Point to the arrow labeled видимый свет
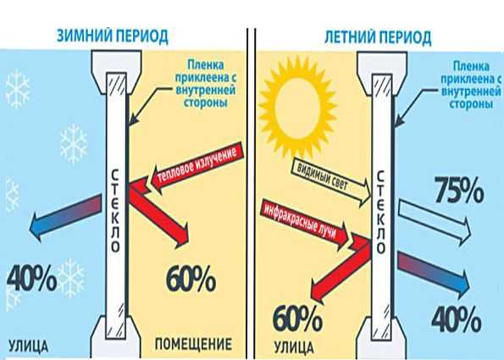[x=331, y=181]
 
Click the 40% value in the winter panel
[x=31, y=279]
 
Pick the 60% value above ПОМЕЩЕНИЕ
[x=191, y=279]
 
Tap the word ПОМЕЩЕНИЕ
[x=193, y=344]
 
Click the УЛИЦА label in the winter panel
[x=28, y=346]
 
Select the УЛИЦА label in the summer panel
[x=294, y=347]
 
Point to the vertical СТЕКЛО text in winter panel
[x=115, y=211]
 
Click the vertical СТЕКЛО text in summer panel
[x=380, y=212]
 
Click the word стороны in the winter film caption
[x=206, y=103]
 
